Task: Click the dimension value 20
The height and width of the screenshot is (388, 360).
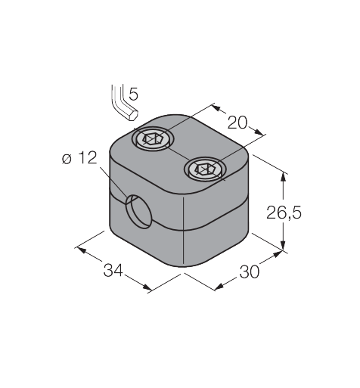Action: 237,123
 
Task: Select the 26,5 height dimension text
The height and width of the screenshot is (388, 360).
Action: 284,213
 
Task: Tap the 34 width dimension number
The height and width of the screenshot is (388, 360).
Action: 113,270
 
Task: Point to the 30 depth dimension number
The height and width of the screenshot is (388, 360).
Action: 250,272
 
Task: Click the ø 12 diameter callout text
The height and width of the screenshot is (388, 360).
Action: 79,158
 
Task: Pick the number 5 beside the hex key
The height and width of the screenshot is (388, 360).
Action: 133,94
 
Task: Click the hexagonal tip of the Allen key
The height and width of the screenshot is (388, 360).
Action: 133,115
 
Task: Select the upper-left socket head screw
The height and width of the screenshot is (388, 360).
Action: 154,138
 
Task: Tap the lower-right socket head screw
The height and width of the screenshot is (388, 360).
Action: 205,169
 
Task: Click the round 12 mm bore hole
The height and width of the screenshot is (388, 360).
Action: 139,211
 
